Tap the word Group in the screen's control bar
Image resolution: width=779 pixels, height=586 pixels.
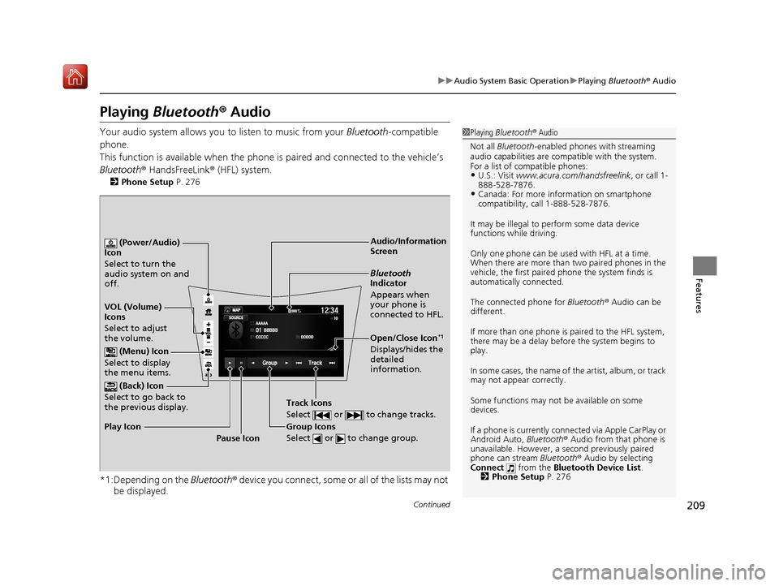click(270, 362)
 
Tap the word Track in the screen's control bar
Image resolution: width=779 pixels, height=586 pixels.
click(316, 362)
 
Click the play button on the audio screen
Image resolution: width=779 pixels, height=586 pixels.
click(230, 362)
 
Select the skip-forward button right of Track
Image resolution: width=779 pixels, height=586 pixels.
click(333, 362)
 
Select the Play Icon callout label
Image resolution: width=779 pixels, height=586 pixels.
click(123, 425)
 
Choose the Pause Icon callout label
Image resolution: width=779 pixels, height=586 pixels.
click(239, 438)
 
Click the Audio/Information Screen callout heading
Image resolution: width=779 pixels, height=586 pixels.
click(408, 246)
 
